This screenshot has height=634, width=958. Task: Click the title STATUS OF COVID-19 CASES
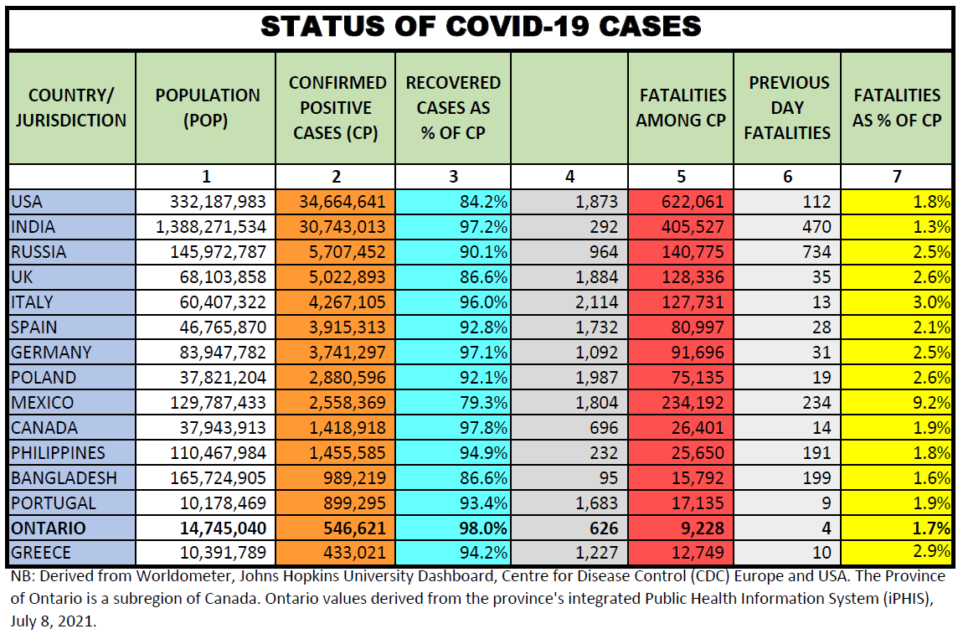[480, 26]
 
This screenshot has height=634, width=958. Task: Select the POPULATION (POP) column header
[207, 108]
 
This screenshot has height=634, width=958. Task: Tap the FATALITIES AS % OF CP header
[897, 108]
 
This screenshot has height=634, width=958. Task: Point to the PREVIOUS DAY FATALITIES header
[788, 108]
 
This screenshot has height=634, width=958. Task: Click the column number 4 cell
[569, 176]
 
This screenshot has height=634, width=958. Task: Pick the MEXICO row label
[43, 403]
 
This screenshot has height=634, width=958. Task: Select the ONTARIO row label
[49, 528]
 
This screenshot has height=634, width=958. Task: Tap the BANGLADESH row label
[64, 478]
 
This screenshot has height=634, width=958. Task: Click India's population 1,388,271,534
[211, 227]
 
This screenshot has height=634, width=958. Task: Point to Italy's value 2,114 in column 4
[597, 302]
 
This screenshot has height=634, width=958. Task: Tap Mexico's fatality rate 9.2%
[932, 403]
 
